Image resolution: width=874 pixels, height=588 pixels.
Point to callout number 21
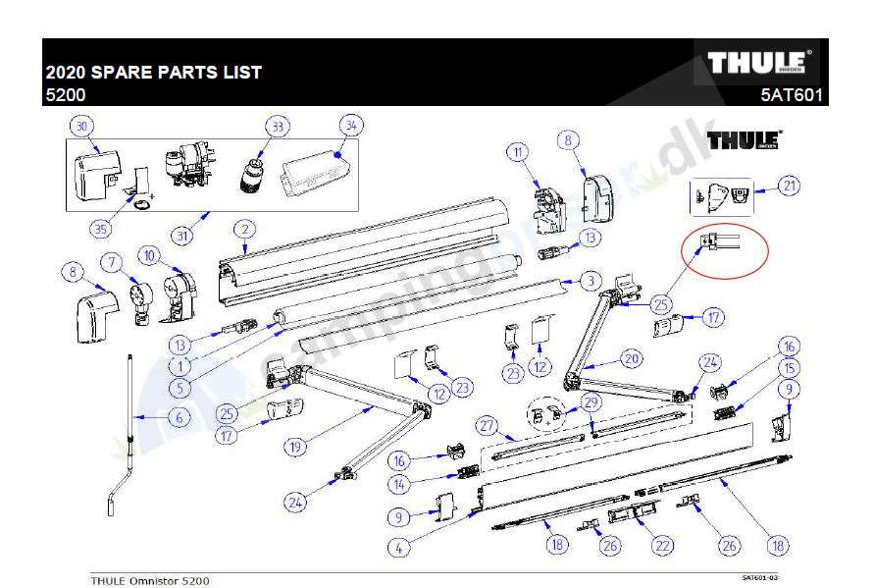[790, 187]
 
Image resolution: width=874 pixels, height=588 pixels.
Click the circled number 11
[518, 151]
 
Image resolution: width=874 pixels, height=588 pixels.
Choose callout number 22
[664, 546]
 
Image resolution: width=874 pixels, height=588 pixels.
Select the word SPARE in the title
[132, 72]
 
